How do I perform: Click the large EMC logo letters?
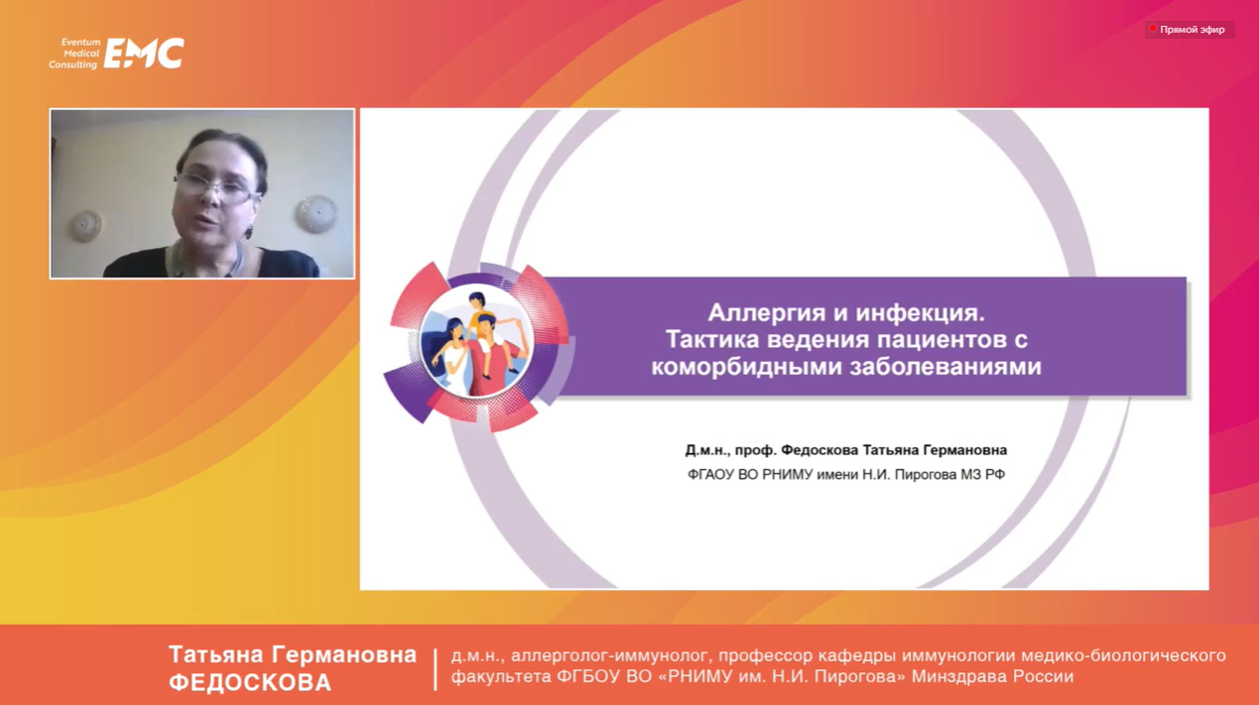pyautogui.click(x=144, y=54)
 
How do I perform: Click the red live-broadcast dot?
pyautogui.click(x=1153, y=28)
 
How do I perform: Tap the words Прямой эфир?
pyautogui.click(x=1193, y=30)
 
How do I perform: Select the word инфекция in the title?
pyautogui.click(x=927, y=312)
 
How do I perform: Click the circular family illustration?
pyautogui.click(x=477, y=341)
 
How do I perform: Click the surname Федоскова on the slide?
pyautogui.click(x=819, y=450)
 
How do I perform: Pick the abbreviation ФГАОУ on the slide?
pyautogui.click(x=710, y=475)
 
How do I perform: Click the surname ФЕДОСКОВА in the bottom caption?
pyautogui.click(x=250, y=682)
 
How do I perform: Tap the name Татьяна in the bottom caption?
pyautogui.click(x=216, y=654)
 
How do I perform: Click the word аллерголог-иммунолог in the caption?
pyautogui.click(x=609, y=655)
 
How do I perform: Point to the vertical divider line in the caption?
pyautogui.click(x=435, y=669)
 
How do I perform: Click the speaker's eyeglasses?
pyautogui.click(x=216, y=187)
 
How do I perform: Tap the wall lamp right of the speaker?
pyautogui.click(x=317, y=213)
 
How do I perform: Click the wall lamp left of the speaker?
pyautogui.click(x=85, y=226)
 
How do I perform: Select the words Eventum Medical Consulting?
pyautogui.click(x=74, y=54)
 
